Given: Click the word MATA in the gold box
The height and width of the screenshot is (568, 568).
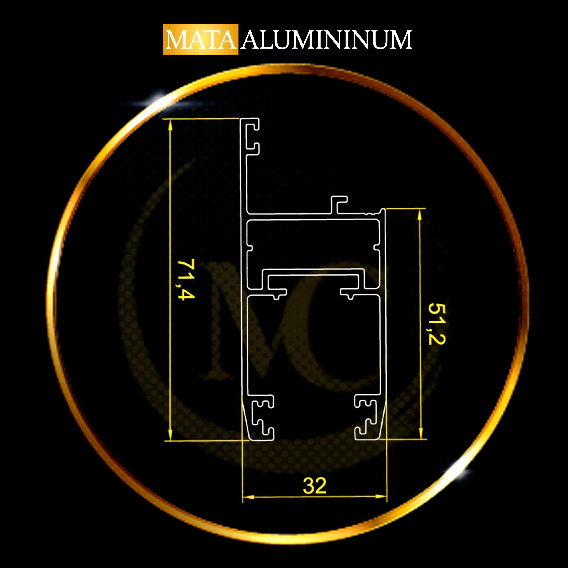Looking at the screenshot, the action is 201,40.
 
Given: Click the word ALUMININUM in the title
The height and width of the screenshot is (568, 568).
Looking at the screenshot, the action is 327,40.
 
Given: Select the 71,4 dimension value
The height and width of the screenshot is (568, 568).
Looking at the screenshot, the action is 186,279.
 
